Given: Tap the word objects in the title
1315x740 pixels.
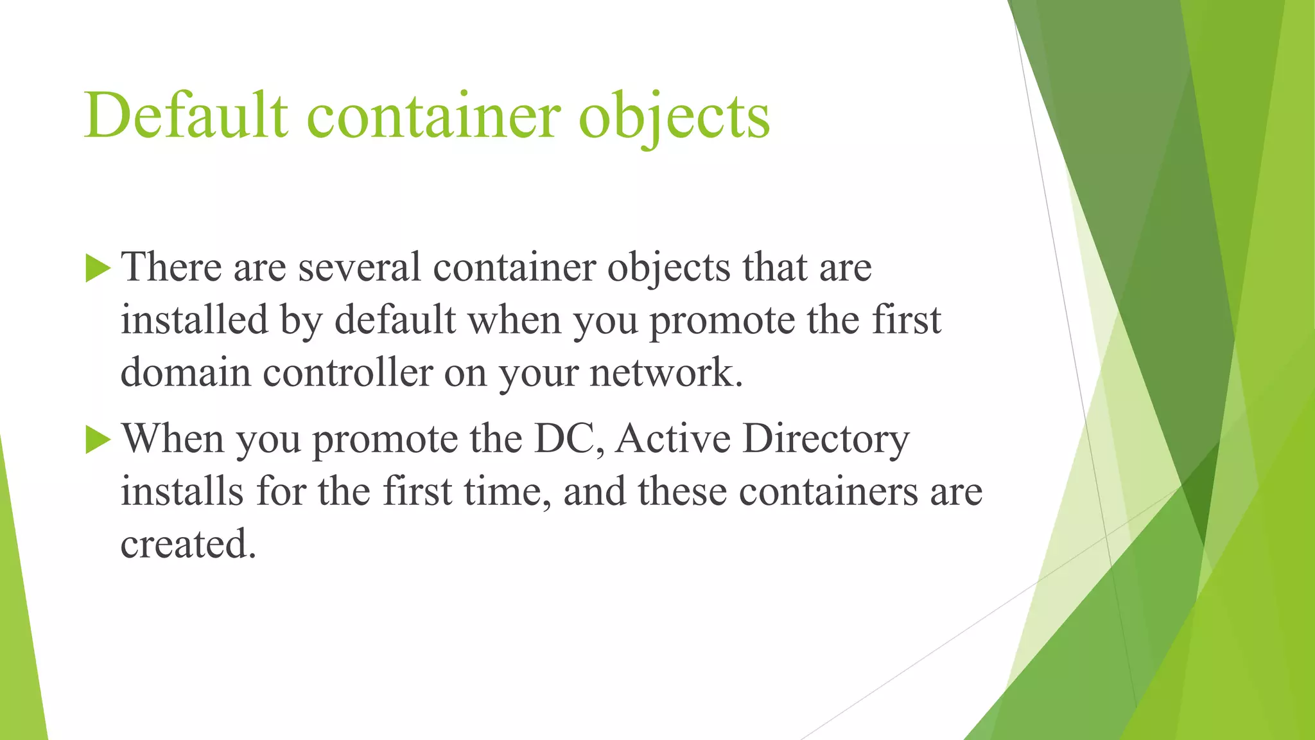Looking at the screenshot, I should (x=674, y=117).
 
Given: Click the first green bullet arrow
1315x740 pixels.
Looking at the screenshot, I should (x=98, y=268).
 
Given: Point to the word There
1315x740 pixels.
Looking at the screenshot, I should (x=171, y=267).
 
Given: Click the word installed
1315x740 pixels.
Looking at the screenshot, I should (x=194, y=319).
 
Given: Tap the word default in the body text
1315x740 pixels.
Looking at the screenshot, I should (x=395, y=319).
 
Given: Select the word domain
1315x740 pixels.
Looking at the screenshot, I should (x=186, y=373).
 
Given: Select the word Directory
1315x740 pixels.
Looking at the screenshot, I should (x=826, y=440).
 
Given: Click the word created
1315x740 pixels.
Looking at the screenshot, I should (x=188, y=544).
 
